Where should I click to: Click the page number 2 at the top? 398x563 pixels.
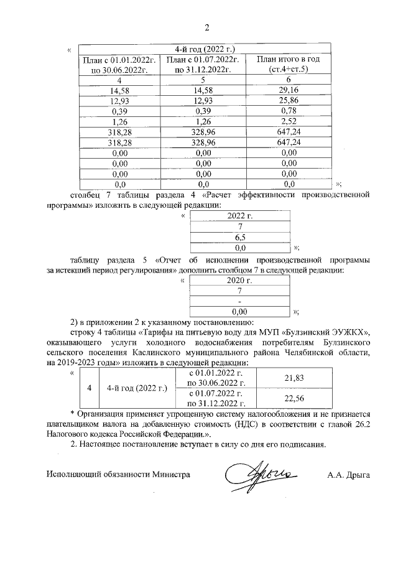pos(208,27)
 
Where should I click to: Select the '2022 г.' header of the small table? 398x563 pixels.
pos(239,216)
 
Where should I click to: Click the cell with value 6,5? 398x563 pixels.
pos(239,237)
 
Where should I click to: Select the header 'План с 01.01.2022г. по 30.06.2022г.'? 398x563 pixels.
pos(118,64)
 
